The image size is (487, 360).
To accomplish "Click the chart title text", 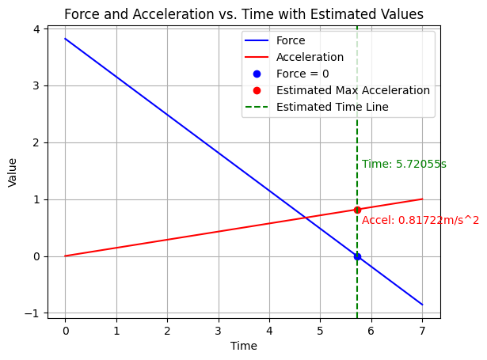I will [243, 14].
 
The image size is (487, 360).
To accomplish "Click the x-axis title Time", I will [243, 346].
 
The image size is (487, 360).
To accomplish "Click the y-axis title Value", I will [13, 172].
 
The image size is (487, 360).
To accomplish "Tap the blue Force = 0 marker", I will [357, 256].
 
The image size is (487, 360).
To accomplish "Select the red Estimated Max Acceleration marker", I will [357, 210].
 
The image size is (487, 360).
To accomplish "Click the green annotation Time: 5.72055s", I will [404, 165].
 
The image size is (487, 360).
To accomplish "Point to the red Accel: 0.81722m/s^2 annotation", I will [420, 220].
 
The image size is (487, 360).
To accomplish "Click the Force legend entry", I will [290, 40].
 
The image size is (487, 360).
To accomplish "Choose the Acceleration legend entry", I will [310, 57].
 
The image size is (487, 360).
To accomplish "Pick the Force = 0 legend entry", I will [302, 74].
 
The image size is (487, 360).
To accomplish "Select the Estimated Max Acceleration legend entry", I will [352, 90].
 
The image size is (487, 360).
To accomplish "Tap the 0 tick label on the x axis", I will [65, 328].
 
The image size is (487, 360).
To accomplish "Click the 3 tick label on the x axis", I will [218, 328].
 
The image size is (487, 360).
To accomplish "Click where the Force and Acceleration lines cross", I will [306, 217].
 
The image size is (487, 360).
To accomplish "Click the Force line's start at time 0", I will [65, 39].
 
